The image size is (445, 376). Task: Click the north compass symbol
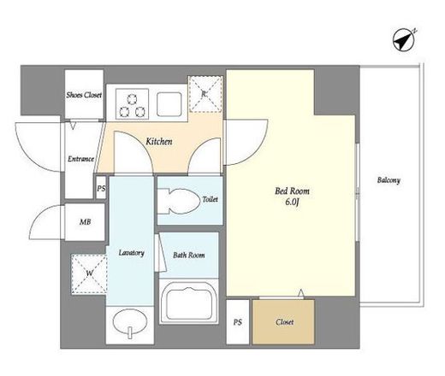[x=404, y=41]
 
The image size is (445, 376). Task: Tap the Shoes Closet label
[x=84, y=95]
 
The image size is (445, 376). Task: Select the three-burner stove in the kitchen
[x=133, y=104]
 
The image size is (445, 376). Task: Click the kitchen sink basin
[x=169, y=104]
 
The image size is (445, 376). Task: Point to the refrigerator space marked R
[x=205, y=94]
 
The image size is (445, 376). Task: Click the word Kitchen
[x=159, y=142]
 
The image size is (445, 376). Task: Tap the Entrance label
[x=80, y=159]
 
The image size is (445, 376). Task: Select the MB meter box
[x=85, y=222]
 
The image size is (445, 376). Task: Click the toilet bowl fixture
[x=179, y=202]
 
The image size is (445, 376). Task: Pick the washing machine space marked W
[x=89, y=274]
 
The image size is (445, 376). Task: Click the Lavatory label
[x=131, y=253]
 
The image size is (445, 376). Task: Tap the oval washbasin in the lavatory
[x=130, y=323]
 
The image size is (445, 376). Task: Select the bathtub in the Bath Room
[x=189, y=302]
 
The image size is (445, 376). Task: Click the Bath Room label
[x=189, y=255]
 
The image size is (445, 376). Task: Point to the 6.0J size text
[x=292, y=202]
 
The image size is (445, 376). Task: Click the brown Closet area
[x=283, y=322]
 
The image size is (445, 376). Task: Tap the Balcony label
[x=389, y=180]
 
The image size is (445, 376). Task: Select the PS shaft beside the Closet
[x=238, y=322]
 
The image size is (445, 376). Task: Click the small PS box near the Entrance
[x=101, y=188]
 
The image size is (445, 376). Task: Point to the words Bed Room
[x=292, y=191]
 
